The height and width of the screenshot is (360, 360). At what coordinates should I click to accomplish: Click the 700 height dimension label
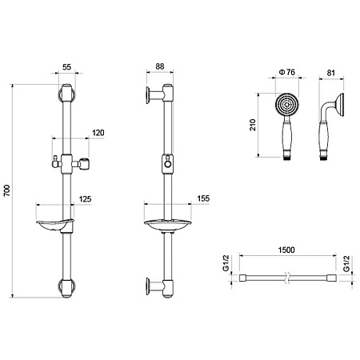pyautogui.click(x=7, y=190)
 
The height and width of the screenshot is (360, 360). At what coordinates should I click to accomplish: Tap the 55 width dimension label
pyautogui.click(x=66, y=67)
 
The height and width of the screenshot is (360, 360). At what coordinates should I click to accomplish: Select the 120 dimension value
pyautogui.click(x=98, y=133)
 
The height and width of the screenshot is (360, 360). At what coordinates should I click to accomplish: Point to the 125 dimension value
pyautogui.click(x=85, y=199)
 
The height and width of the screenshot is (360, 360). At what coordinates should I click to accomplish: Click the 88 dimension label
pyautogui.click(x=160, y=66)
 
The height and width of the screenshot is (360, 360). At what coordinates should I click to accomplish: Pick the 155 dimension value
pyautogui.click(x=203, y=198)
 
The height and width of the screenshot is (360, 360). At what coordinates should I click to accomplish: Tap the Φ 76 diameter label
pyautogui.click(x=287, y=72)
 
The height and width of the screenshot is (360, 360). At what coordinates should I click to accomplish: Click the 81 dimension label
pyautogui.click(x=330, y=73)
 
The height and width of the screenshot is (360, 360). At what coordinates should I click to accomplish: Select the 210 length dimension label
pyautogui.click(x=252, y=125)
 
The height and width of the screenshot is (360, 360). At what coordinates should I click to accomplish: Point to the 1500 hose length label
pyautogui.click(x=286, y=250)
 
